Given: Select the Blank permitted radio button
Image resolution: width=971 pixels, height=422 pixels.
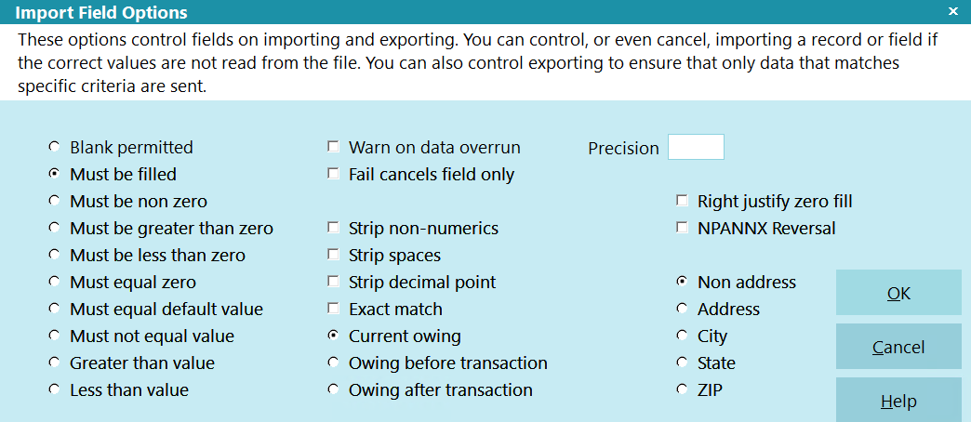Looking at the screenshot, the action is [55, 147].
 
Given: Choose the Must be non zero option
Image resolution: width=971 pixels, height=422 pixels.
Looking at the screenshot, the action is [55, 201].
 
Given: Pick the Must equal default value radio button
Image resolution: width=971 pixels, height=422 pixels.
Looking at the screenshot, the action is [55, 309].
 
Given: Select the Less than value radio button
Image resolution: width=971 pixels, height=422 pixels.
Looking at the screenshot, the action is [55, 389].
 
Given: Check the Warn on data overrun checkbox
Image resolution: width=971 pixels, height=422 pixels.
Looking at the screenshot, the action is [334, 147].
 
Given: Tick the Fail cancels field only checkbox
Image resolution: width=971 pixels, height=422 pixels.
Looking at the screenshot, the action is [334, 174].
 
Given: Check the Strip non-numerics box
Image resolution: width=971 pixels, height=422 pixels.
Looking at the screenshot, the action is [334, 228].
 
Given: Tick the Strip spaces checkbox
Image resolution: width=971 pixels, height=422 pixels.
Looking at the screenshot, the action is [334, 255].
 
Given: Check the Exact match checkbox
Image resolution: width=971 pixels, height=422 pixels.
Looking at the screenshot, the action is [334, 309].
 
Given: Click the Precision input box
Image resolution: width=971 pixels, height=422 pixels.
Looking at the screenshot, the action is [696, 147].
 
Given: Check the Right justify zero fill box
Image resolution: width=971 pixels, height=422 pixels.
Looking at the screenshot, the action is [683, 201].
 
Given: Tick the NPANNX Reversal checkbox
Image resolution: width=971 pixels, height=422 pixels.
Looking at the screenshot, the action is [683, 228].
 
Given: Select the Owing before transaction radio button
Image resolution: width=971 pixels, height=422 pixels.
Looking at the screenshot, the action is [334, 362].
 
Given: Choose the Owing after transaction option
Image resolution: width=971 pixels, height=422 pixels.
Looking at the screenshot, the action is [334, 389].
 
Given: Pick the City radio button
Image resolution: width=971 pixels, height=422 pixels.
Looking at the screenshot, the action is [683, 336].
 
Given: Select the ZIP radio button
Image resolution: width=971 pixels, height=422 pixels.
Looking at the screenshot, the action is [683, 389].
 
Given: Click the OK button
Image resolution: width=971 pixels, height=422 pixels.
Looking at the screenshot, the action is [898, 293].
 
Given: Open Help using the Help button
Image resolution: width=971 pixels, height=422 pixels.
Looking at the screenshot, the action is [898, 401].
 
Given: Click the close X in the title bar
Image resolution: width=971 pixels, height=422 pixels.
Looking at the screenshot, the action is [953, 11].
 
